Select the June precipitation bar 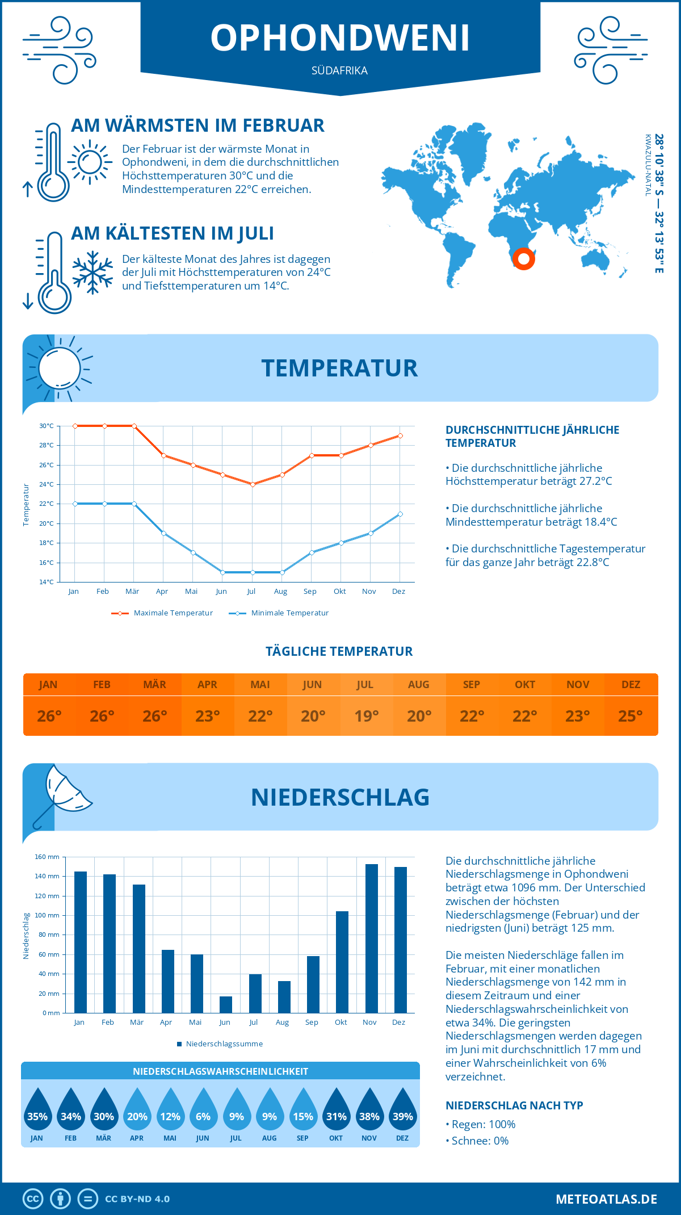click(226, 1004)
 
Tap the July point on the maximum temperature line click(253, 484)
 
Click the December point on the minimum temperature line click(400, 514)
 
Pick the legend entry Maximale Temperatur click(162, 613)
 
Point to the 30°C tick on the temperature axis click(47, 426)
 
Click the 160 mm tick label click(47, 857)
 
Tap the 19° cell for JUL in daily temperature click(366, 716)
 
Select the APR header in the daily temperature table click(207, 685)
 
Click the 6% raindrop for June click(203, 1110)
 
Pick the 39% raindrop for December click(402, 1110)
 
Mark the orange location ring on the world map click(524, 259)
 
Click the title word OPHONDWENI click(340, 38)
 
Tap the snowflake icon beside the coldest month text click(93, 273)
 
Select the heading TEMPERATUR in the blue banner click(339, 368)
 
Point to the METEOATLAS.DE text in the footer click(606, 1199)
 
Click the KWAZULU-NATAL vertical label click(648, 165)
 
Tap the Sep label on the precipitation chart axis click(312, 1022)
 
